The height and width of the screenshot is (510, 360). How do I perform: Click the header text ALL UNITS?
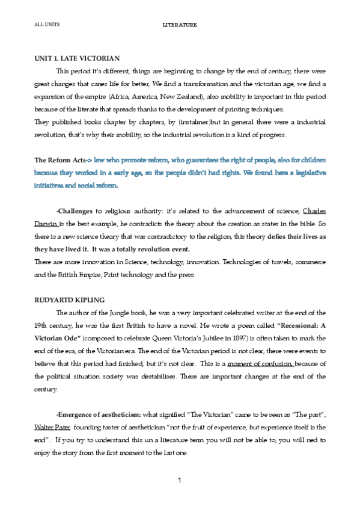coord(44,25)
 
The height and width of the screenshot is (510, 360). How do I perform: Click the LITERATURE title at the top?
coord(180,25)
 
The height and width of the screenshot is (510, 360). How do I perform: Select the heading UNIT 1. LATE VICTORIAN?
coord(78,58)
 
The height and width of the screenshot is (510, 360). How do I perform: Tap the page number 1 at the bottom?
coord(180,482)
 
